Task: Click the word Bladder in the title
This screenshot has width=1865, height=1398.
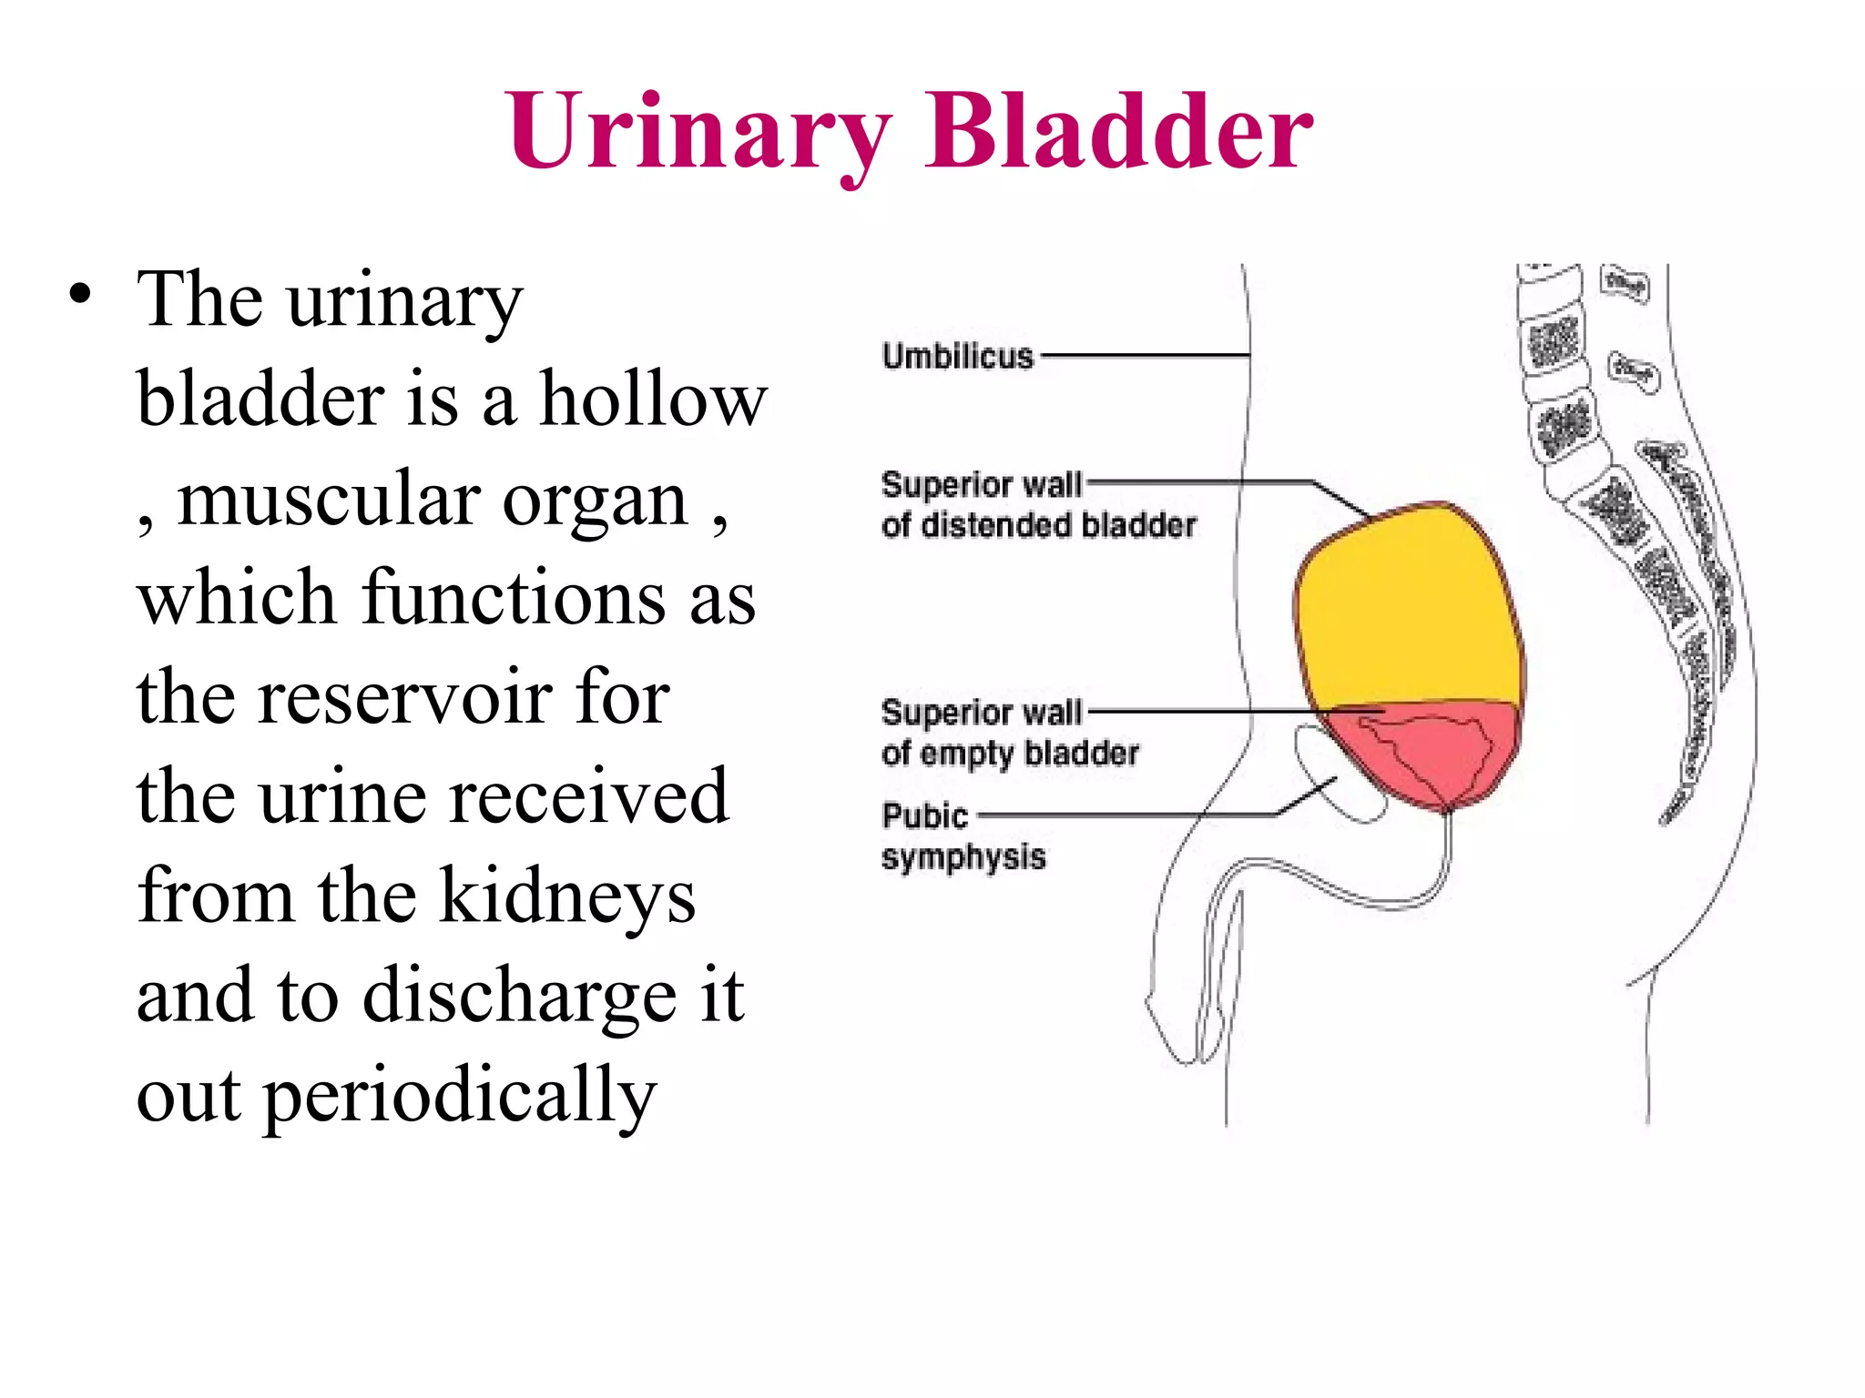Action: pos(1118,133)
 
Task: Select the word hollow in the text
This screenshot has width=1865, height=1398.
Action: pos(653,400)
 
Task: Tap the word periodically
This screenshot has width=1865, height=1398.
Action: pos(460,1096)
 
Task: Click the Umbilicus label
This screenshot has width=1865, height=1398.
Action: pos(957,356)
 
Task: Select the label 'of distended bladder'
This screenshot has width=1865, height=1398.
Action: pos(1038,525)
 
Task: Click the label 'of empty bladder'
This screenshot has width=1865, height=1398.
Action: pos(1009,753)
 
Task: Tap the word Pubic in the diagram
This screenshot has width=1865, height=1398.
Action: pos(924,815)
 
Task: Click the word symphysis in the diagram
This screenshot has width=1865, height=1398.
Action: pos(963,856)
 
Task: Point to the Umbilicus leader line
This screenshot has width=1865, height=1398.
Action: pos(1144,355)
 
